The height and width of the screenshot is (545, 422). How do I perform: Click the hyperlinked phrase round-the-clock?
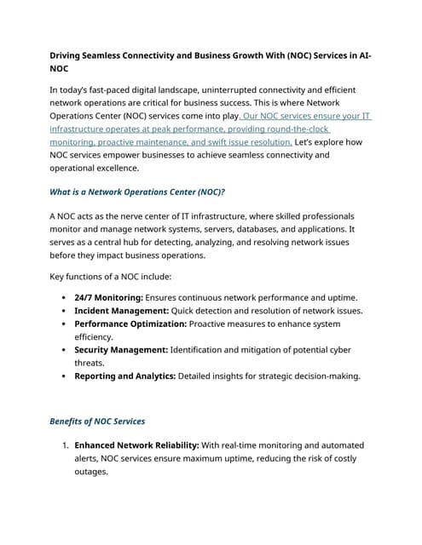point(301,129)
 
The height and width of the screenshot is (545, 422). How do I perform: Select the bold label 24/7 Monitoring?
point(108,297)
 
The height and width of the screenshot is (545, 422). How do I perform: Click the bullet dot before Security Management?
point(66,350)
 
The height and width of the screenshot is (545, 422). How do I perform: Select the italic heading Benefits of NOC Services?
point(98,422)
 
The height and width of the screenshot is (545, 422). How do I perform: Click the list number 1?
point(65,445)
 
